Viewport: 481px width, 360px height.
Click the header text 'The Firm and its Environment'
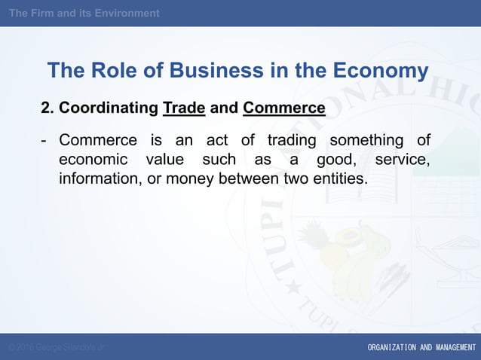pyautogui.click(x=84, y=13)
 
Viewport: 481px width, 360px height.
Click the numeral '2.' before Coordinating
pyautogui.click(x=47, y=108)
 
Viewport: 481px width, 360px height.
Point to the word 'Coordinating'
pyautogui.click(x=109, y=108)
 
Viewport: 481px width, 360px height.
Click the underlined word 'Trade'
pyautogui.click(x=184, y=108)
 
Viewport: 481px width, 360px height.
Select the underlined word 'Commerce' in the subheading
pyautogui.click(x=284, y=108)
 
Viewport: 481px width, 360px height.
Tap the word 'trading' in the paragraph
pyautogui.click(x=294, y=141)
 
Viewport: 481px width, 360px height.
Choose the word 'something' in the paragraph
pyautogui.click(x=366, y=141)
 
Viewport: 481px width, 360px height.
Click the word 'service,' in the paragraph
pyautogui.click(x=402, y=160)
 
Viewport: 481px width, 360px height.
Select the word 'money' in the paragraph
pyautogui.click(x=191, y=180)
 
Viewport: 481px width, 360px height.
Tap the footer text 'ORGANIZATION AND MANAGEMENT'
pyautogui.click(x=421, y=347)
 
